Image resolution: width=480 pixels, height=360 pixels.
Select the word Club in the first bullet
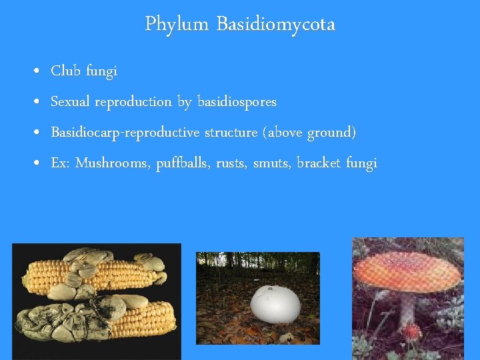(65, 71)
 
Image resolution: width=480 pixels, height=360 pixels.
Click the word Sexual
(71, 102)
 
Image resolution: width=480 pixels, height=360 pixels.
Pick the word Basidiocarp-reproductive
(125, 133)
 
